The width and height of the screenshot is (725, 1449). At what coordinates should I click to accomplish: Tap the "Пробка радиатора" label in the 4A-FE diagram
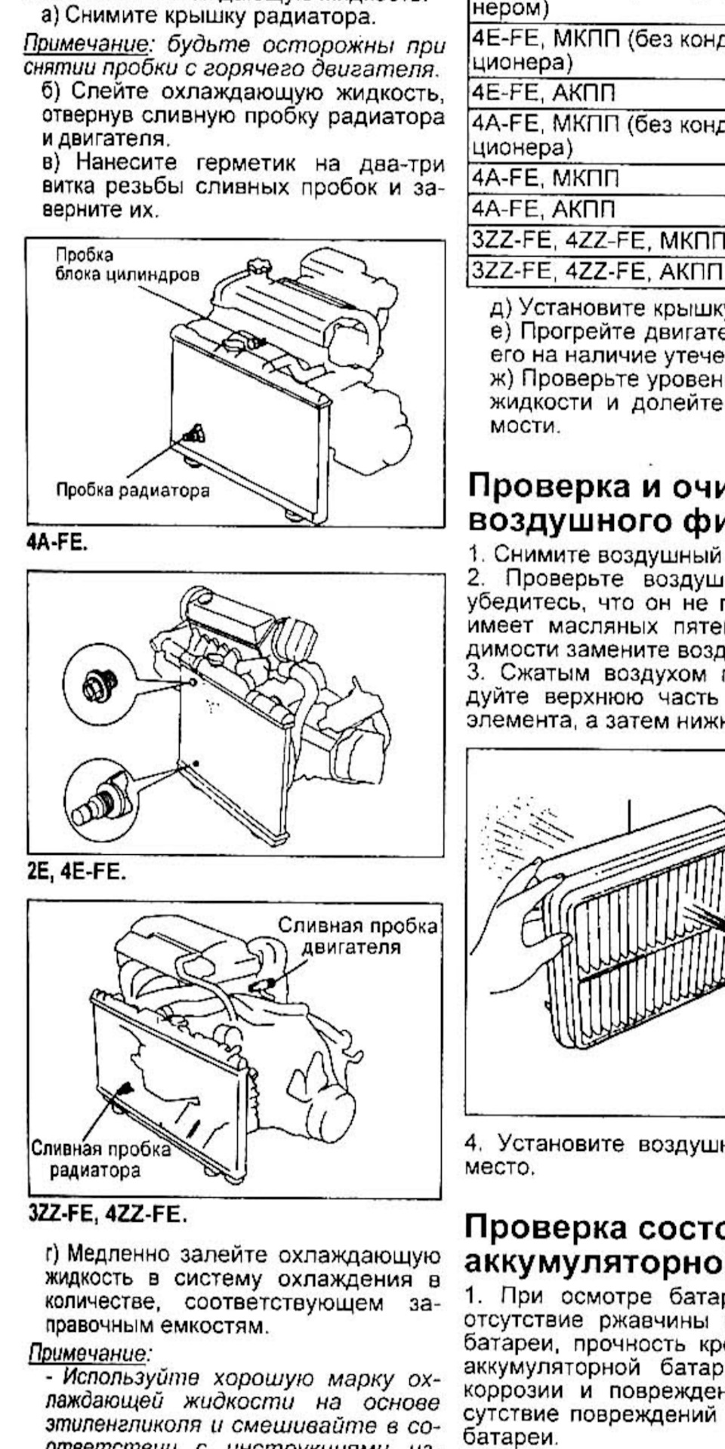[x=133, y=491]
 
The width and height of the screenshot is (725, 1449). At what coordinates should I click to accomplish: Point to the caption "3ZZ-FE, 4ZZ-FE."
[x=106, y=1215]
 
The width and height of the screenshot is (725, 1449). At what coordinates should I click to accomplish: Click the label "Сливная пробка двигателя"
[x=357, y=935]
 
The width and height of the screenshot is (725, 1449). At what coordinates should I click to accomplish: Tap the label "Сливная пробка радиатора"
[x=100, y=1160]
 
